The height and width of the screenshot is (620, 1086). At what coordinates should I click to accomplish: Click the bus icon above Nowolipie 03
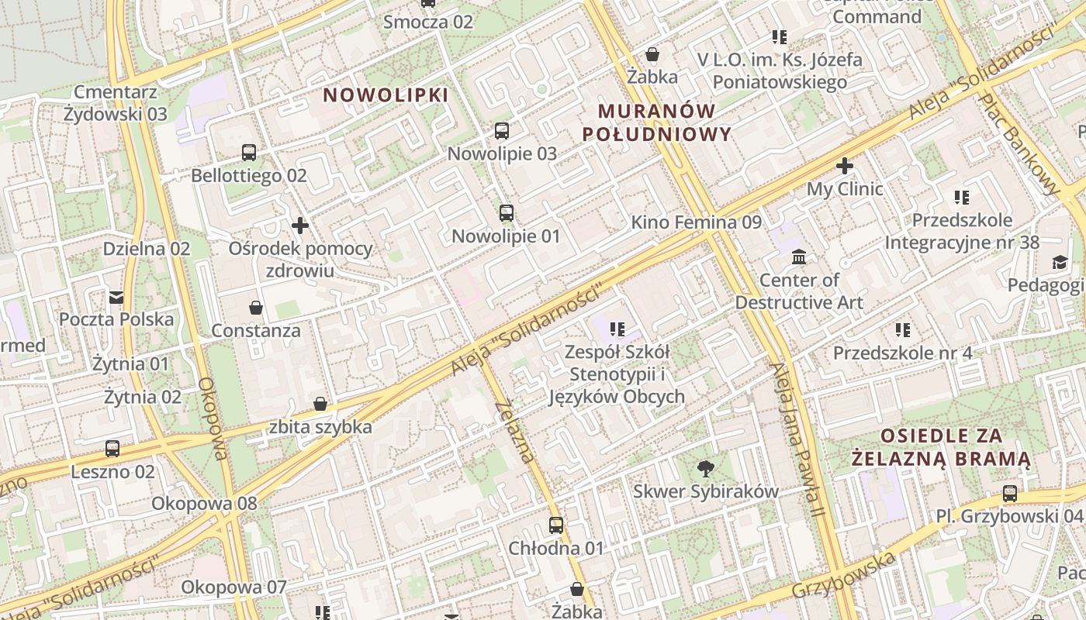click(502, 130)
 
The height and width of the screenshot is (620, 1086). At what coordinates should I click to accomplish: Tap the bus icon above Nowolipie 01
click(507, 212)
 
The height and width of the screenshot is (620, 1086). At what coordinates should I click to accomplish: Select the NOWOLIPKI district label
click(386, 95)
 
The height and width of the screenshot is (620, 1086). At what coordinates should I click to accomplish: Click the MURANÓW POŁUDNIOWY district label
click(656, 122)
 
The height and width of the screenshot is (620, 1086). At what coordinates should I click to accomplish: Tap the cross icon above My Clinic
click(845, 165)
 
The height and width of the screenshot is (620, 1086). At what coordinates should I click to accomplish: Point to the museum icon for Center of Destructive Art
click(799, 257)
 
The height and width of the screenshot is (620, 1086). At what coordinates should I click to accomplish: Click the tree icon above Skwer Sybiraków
click(705, 467)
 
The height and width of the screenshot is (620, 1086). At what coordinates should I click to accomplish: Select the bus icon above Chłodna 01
click(556, 525)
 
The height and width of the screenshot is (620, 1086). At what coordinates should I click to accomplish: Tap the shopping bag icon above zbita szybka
click(320, 404)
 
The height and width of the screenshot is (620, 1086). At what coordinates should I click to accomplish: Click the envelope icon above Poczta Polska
click(116, 297)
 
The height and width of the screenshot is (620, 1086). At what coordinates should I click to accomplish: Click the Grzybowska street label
click(843, 576)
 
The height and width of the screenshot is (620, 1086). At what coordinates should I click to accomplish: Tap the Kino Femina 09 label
click(696, 222)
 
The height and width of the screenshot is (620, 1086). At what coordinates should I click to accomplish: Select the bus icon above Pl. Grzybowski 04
click(1010, 493)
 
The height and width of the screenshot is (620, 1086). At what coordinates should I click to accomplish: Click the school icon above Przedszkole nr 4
click(902, 330)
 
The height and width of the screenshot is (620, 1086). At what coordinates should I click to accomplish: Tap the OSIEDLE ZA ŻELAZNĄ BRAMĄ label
click(940, 447)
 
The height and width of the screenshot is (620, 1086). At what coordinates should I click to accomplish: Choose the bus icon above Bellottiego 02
click(249, 153)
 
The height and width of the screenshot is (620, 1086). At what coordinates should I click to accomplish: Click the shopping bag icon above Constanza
click(255, 308)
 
